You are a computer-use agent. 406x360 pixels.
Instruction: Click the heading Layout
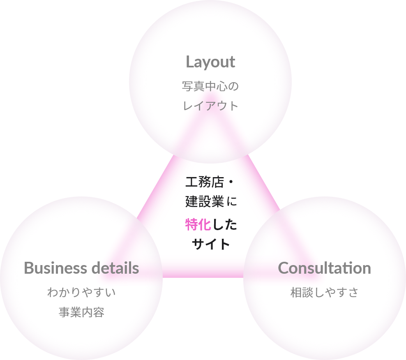click(210, 62)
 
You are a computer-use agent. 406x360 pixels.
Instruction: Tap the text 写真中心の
click(210, 87)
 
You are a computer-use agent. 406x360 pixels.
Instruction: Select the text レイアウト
click(210, 106)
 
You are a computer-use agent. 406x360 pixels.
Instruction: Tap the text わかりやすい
click(81, 293)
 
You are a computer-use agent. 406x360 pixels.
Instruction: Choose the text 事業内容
click(81, 313)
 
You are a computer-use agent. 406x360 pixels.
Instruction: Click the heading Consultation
click(324, 268)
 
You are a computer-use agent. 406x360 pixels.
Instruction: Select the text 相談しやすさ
click(324, 293)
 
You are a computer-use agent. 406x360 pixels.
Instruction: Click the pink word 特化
click(198, 224)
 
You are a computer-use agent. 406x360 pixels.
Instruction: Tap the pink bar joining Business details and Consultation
click(203, 267)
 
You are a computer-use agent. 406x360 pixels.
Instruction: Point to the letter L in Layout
click(190, 62)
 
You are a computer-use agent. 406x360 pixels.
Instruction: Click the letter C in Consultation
click(284, 268)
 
